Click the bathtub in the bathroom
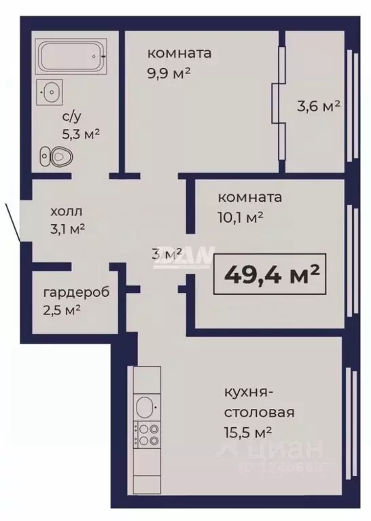[x=71, y=57]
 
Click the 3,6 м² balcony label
[x=317, y=106]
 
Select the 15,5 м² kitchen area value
[x=247, y=431]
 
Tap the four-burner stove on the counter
[x=147, y=434]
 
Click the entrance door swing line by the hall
[x=13, y=221]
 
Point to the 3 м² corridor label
[x=166, y=253]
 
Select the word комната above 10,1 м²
[x=249, y=198]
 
